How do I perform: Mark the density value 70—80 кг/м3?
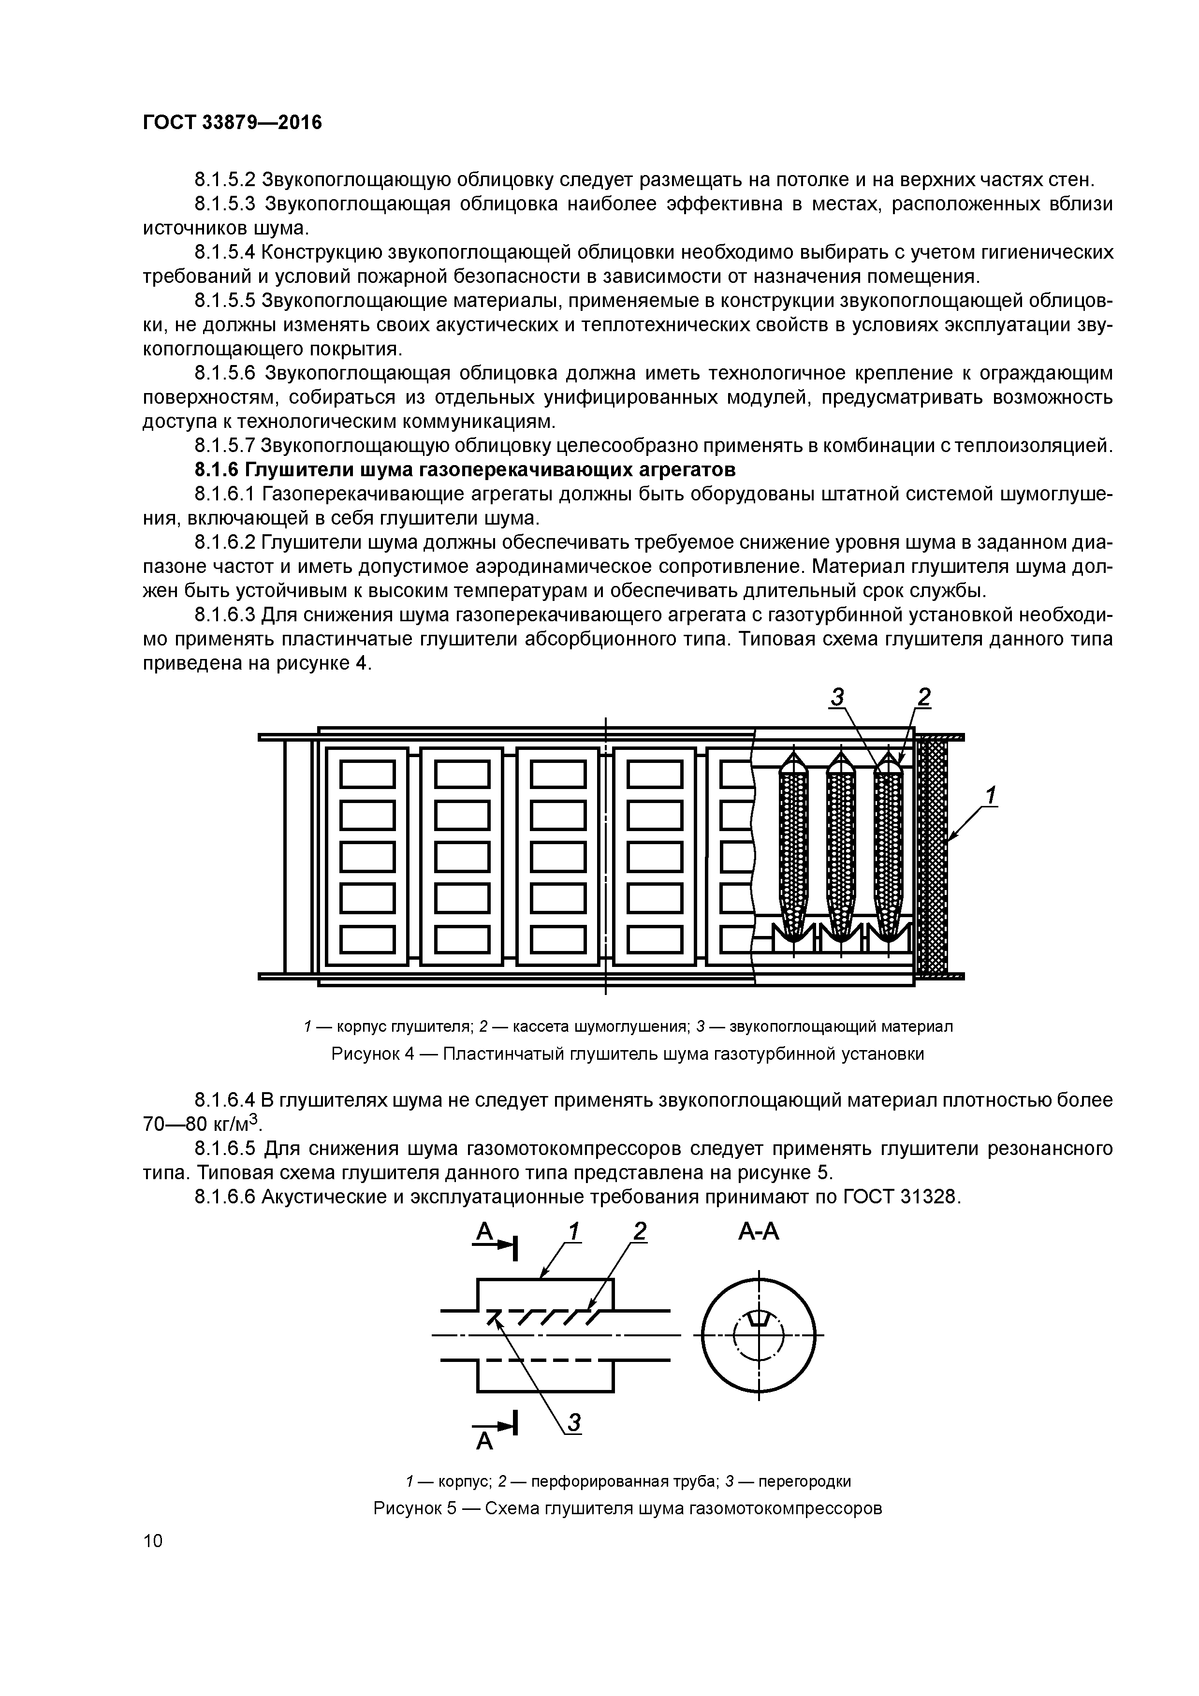coord(202,1124)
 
